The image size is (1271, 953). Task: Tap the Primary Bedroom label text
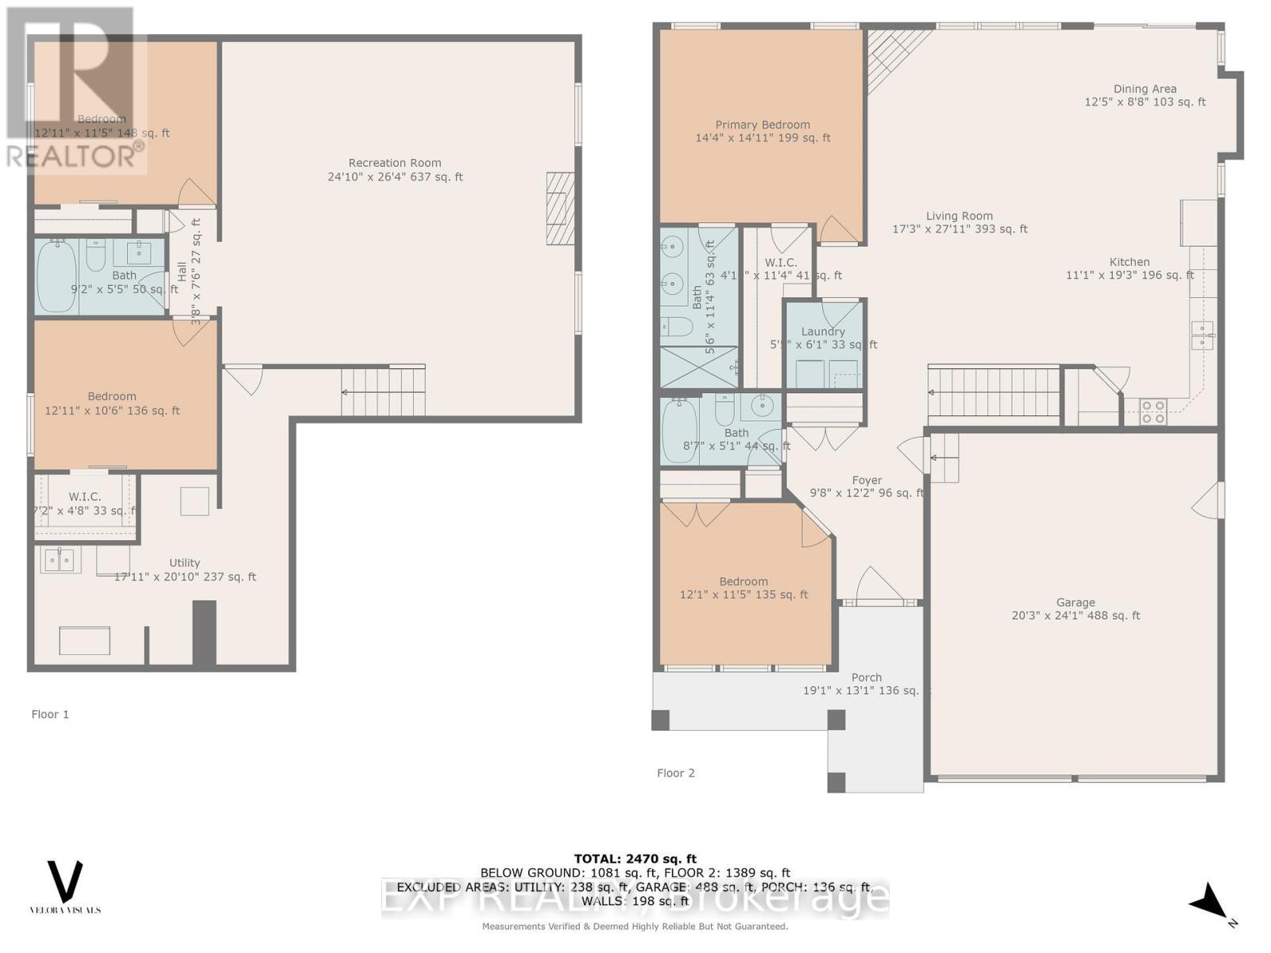point(763,125)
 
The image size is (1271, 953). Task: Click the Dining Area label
point(1145,89)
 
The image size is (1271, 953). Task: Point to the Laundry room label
point(823,332)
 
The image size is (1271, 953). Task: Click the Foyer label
point(867,480)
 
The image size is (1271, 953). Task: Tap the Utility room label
point(184,563)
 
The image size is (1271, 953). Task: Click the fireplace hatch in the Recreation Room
point(560,208)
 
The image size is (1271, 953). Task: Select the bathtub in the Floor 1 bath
point(57,275)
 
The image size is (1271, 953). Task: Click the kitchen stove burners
point(1153,411)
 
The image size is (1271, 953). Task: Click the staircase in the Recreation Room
point(384,391)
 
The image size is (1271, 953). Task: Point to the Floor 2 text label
point(676,773)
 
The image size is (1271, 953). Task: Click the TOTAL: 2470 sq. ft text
point(635,858)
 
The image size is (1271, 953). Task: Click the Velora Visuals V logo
point(65,882)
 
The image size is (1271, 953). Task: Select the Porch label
point(867,677)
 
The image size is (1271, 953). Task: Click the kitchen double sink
point(1202,335)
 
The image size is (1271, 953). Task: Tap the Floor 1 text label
point(50,714)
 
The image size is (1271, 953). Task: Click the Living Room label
point(959,216)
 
